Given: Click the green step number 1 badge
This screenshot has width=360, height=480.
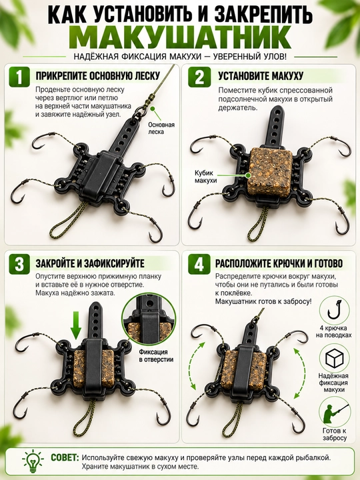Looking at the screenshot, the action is pos(19,77).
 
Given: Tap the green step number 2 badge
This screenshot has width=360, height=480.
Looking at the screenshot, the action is pos(199,77).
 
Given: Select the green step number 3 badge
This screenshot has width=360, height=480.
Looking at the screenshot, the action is pos(19,264).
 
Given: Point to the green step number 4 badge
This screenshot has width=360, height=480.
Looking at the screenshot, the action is pos(199,264).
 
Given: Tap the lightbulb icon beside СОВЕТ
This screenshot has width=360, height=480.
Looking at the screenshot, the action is pos(33,461).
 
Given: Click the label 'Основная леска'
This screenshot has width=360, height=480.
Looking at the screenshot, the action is pos(161,128).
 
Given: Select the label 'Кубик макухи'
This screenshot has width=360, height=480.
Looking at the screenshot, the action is pos(206,177).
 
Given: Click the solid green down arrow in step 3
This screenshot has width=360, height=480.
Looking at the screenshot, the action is pos(75,325).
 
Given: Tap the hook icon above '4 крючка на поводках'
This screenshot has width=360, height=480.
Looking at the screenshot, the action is pos(334,310).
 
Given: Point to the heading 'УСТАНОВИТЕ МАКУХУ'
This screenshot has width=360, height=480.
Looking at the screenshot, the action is pos(261,76).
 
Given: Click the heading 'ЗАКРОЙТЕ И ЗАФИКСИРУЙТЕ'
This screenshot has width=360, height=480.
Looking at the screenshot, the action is pos(90,263).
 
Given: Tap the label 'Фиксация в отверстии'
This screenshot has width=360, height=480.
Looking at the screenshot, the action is pos(156,356).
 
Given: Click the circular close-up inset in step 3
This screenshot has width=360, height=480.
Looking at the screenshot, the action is pos(149,320).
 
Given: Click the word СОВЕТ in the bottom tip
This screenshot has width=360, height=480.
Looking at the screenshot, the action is pos(65,457).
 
